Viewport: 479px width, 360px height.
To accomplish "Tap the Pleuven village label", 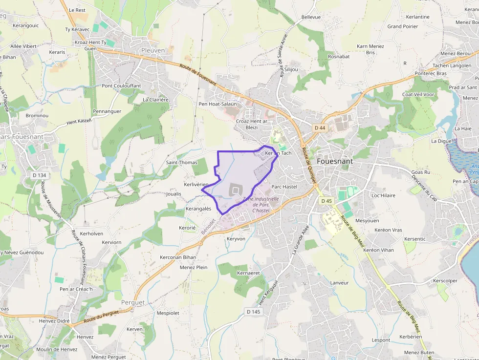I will tap(153, 50).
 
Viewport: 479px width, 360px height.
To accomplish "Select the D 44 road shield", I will tap(320, 128).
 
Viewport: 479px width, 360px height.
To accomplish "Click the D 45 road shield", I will tap(327, 201).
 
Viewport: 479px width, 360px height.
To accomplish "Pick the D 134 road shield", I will tap(39, 175).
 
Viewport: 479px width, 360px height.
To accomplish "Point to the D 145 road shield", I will tap(254, 312).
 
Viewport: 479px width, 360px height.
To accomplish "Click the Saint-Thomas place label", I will tap(182, 163).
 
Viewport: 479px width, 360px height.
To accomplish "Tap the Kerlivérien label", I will tap(196, 184).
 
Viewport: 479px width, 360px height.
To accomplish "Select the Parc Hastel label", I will tap(284, 187).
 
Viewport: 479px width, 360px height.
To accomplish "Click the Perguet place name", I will tap(133, 302).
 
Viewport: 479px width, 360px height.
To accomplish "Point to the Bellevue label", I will tap(311, 17).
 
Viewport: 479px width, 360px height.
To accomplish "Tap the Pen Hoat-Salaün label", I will tap(218, 104).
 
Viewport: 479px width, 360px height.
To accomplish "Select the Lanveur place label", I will tap(339, 283).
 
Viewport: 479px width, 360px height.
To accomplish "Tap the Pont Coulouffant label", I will tap(121, 86).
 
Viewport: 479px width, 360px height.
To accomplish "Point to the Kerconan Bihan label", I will tap(178, 257).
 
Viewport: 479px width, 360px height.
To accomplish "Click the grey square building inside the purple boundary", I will tap(236, 190).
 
